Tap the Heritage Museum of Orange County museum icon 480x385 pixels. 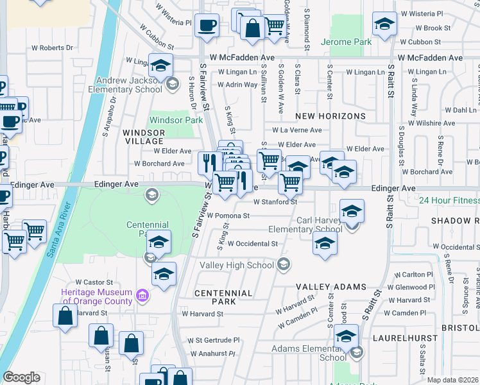point(142,296)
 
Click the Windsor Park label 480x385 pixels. point(171,120)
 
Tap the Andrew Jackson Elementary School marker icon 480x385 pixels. point(171,83)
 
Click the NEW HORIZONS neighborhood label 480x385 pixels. point(330,116)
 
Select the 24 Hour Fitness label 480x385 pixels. point(449,200)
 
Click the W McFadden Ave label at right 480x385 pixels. point(430,58)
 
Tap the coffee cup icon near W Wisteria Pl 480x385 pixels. point(207,26)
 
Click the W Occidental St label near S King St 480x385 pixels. point(248,244)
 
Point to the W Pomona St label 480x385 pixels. point(228,216)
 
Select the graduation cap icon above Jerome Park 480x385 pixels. point(384,24)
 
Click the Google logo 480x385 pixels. point(21,377)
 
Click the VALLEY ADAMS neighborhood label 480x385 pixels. point(330,287)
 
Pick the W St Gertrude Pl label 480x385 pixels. point(213,340)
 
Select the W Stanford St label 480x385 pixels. point(276,201)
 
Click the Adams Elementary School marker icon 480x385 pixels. point(357,352)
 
